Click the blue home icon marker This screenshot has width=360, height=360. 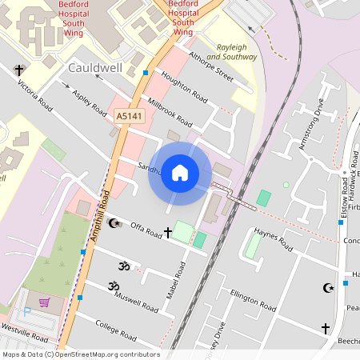point(180,173)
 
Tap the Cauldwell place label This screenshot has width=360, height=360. point(95,68)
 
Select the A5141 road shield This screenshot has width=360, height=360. point(122,116)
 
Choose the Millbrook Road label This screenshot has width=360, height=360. point(170,113)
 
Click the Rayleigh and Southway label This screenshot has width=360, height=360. point(232,52)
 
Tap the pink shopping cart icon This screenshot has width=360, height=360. point(44,302)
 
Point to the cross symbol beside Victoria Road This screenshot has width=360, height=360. point(18,70)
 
